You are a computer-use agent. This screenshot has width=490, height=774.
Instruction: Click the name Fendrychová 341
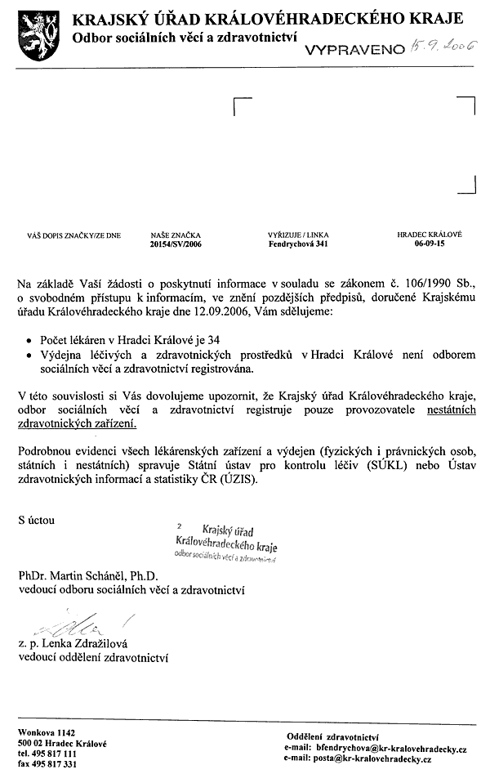(298, 244)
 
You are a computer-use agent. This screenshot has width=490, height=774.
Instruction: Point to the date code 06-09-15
(430, 244)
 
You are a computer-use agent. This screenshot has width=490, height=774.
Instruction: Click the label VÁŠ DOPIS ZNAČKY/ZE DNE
(74, 235)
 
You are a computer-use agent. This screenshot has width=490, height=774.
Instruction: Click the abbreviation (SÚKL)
(362, 466)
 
